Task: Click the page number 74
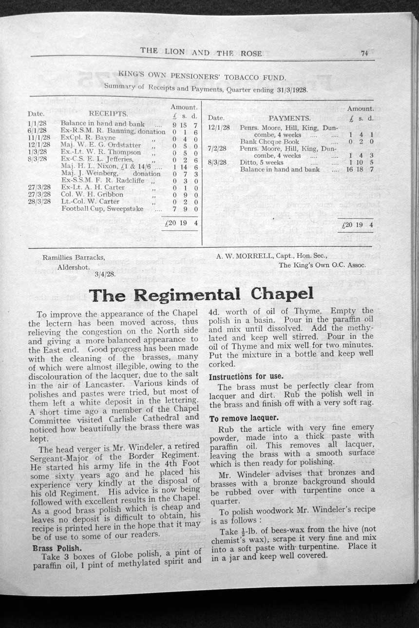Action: tap(364, 54)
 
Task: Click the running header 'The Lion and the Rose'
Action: tap(201, 52)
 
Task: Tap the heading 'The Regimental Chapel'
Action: tap(200, 295)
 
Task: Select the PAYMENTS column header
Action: tap(289, 118)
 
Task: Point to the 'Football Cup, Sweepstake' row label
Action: tap(102, 208)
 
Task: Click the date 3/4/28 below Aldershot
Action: tap(103, 274)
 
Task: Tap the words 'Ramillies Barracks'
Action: tap(74, 257)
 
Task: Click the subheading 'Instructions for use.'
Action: tap(247, 376)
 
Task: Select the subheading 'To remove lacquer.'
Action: tap(244, 418)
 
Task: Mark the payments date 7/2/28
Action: tap(216, 148)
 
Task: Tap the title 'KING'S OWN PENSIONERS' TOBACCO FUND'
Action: tap(202, 76)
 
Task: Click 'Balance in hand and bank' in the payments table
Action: tap(280, 169)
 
